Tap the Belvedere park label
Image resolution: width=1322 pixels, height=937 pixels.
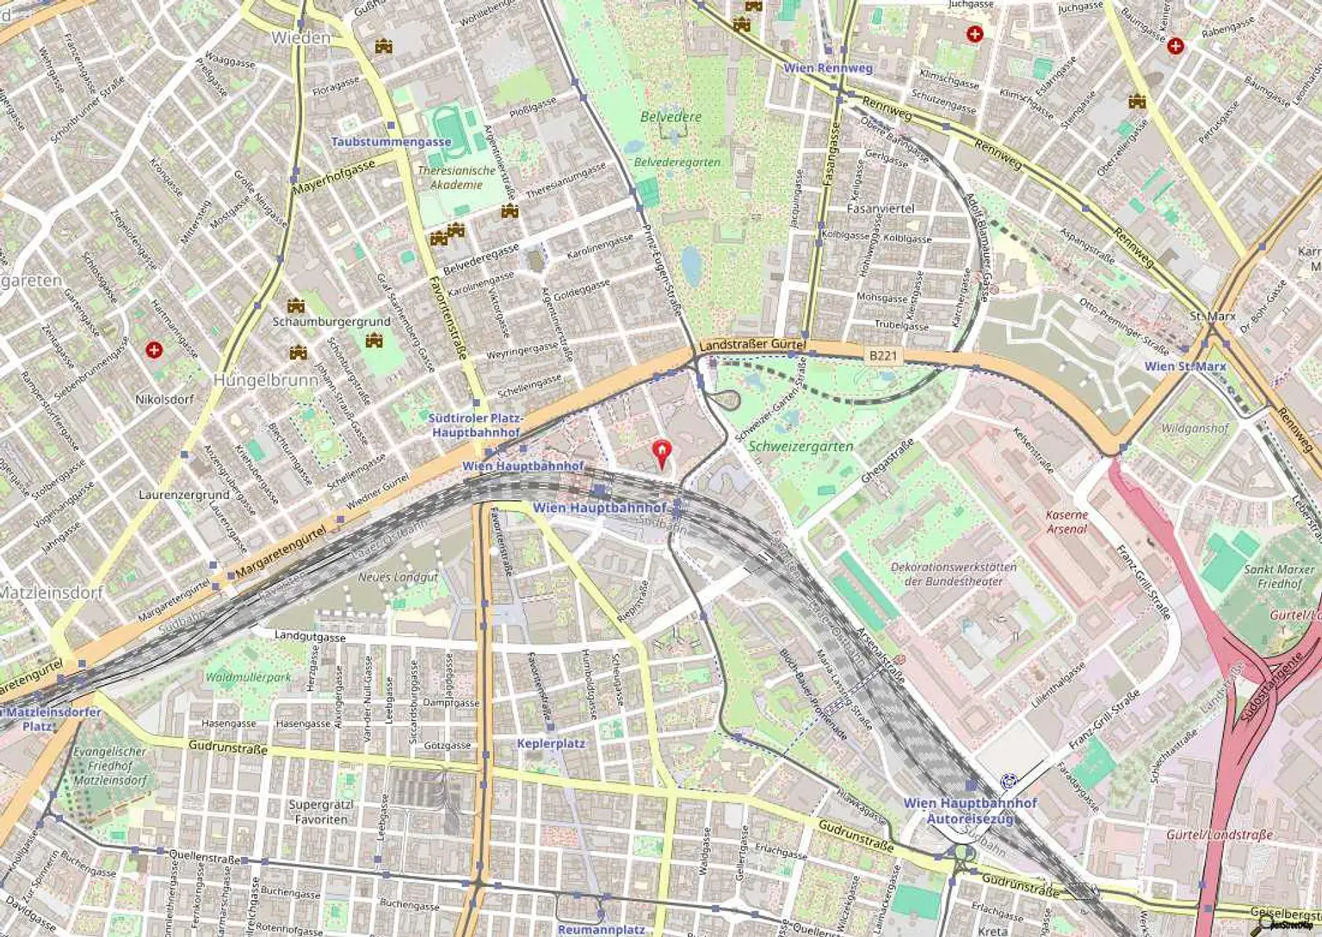(x=670, y=116)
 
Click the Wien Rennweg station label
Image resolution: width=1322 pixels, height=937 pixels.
(x=827, y=68)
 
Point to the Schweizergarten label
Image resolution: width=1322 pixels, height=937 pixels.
(x=800, y=446)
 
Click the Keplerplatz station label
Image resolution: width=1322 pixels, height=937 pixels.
(x=551, y=743)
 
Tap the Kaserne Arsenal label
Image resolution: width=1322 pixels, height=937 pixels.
(x=1066, y=522)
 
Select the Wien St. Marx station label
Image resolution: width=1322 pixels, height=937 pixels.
(x=1185, y=367)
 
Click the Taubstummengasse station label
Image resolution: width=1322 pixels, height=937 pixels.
(x=391, y=141)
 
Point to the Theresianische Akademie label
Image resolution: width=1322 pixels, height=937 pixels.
(x=456, y=177)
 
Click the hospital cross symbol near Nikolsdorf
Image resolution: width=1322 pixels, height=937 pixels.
(x=154, y=349)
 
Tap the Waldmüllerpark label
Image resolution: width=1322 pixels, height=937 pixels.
(x=249, y=677)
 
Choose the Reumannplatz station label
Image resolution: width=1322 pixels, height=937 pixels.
(x=601, y=929)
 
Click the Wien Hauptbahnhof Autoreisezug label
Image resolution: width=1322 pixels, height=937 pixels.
(x=969, y=811)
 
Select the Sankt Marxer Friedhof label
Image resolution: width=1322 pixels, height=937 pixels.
(x=1279, y=576)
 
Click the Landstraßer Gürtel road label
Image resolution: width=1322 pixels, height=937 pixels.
(x=751, y=344)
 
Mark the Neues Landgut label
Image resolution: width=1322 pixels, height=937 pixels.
(x=398, y=577)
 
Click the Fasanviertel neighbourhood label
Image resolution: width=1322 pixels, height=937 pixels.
(x=880, y=208)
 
